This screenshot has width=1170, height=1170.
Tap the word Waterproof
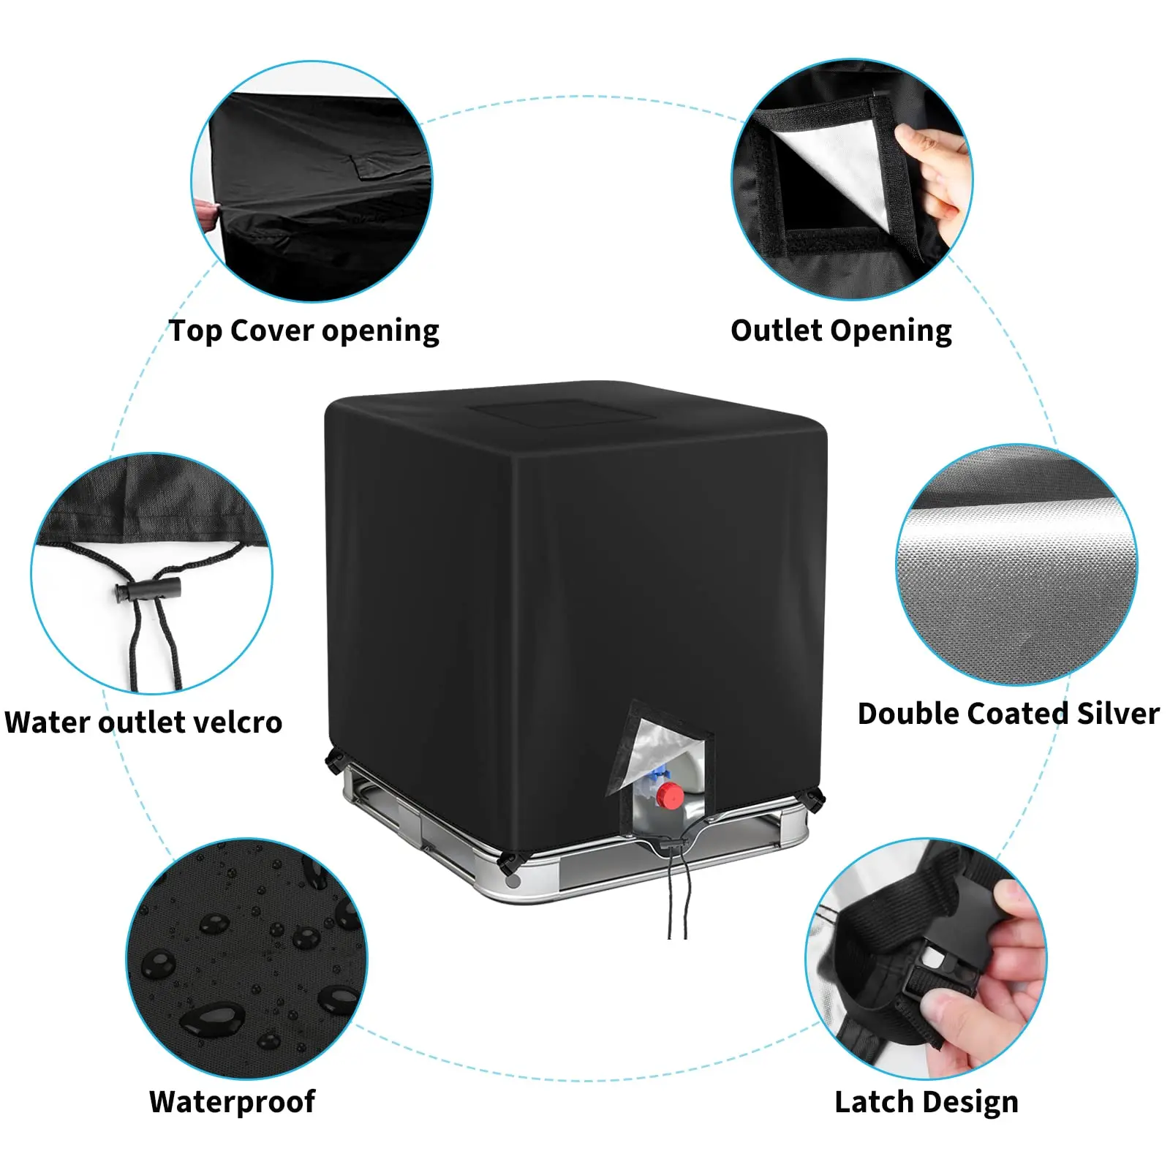(x=232, y=1101)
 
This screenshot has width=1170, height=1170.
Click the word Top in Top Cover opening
(x=195, y=331)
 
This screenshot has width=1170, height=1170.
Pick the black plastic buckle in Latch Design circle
(x=943, y=965)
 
